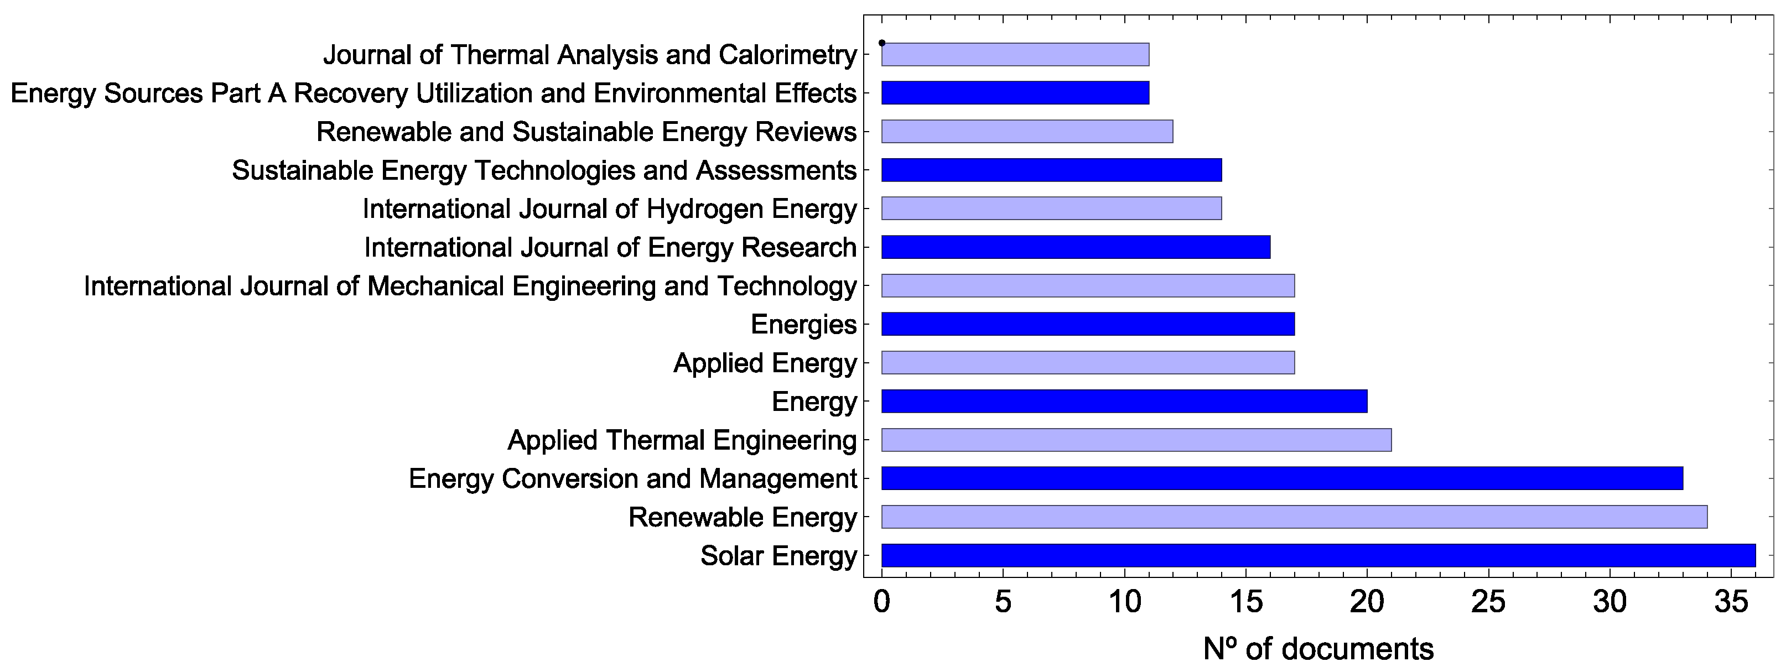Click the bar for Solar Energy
point(1318,555)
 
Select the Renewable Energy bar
point(1294,517)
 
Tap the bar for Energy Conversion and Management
point(1282,478)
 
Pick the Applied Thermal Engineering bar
point(1136,440)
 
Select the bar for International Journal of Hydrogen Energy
point(1051,209)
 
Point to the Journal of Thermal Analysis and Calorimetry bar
point(1015,54)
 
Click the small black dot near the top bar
point(881,43)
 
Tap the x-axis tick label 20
point(1366,602)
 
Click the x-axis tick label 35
point(1731,602)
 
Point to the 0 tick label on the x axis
point(881,602)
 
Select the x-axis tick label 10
point(1124,602)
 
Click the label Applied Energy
point(765,363)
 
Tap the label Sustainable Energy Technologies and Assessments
point(544,170)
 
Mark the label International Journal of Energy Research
point(610,247)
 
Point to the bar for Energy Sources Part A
point(1015,93)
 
